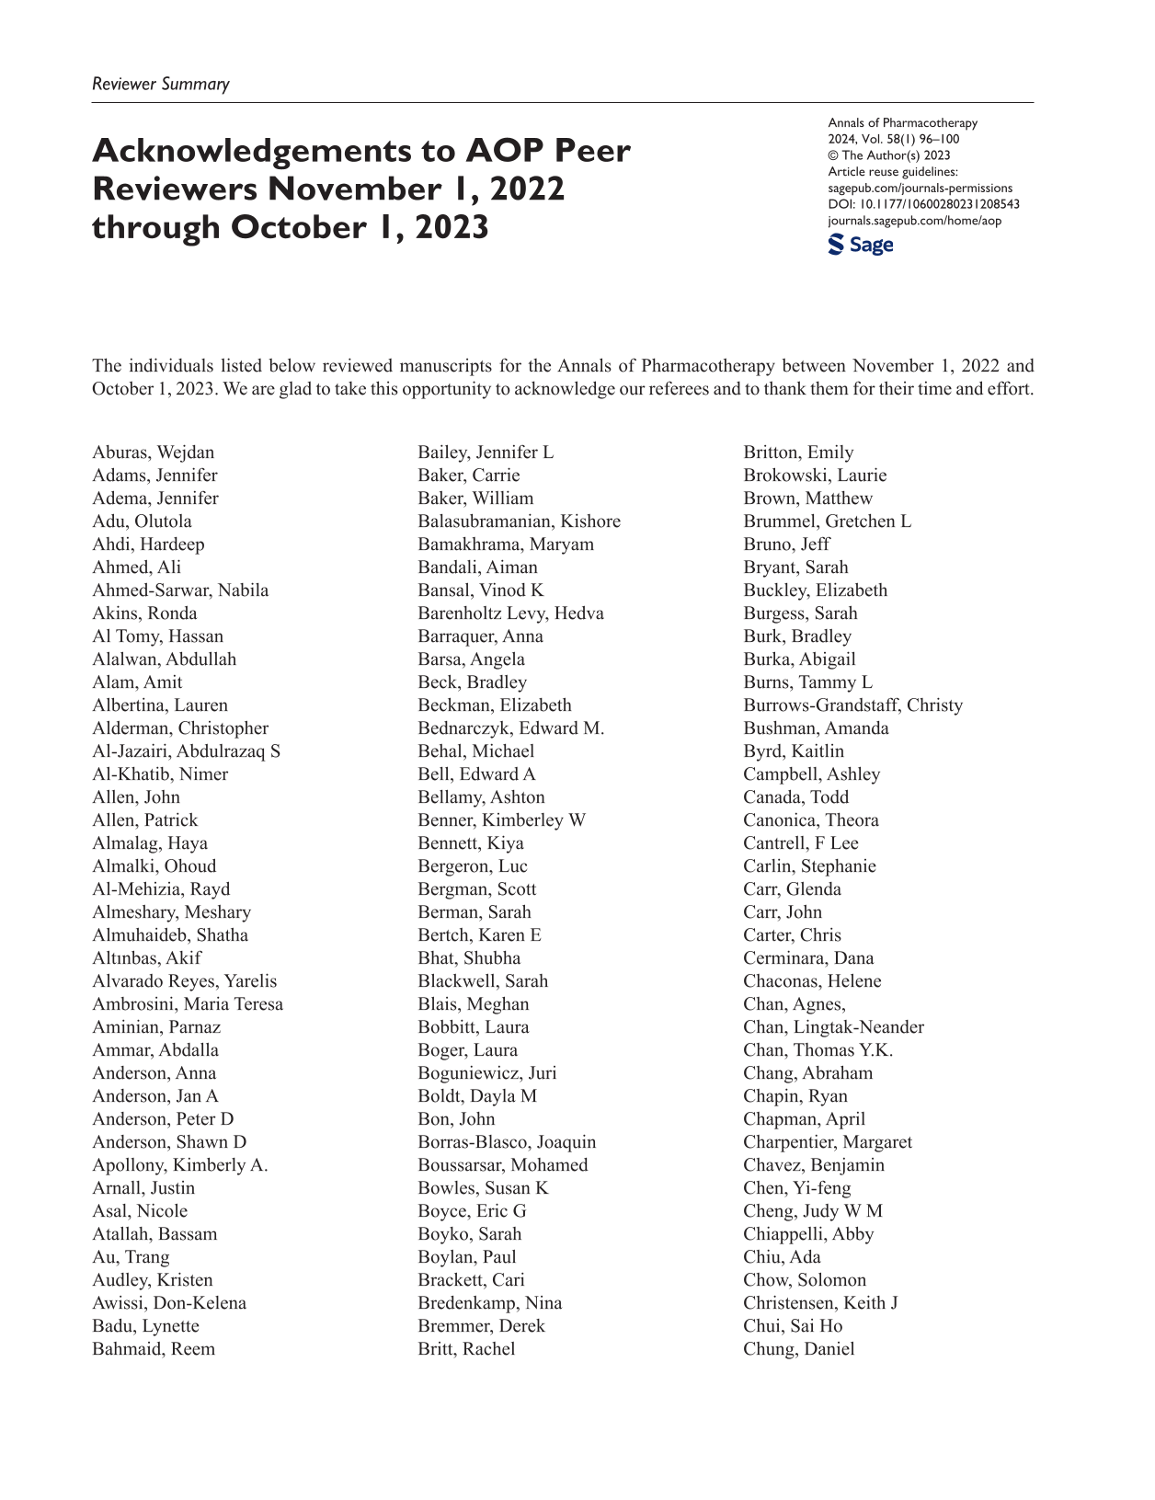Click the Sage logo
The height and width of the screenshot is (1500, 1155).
860,245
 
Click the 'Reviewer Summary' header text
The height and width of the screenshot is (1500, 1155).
161,84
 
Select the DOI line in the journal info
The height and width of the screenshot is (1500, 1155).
923,204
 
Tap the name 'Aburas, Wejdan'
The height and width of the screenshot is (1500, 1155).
153,452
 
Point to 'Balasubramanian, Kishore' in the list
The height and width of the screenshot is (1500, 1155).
519,521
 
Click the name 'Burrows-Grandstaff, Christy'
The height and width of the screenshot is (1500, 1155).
852,705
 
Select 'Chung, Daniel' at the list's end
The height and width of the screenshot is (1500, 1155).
798,1349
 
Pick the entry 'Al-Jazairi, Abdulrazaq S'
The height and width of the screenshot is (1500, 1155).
186,751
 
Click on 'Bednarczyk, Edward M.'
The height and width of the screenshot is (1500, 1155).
510,728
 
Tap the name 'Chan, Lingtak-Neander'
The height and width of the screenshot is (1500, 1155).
833,1027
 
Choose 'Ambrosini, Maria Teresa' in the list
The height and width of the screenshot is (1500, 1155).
188,1004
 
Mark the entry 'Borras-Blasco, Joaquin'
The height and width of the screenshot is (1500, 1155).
507,1142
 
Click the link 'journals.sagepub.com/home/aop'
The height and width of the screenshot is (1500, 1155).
914,221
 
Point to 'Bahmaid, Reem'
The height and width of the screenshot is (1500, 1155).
154,1349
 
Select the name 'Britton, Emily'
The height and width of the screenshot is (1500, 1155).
798,452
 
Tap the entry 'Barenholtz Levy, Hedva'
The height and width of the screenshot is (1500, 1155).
510,613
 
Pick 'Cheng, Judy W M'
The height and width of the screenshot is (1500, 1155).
812,1211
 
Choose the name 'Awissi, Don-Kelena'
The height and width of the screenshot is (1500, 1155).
169,1303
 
